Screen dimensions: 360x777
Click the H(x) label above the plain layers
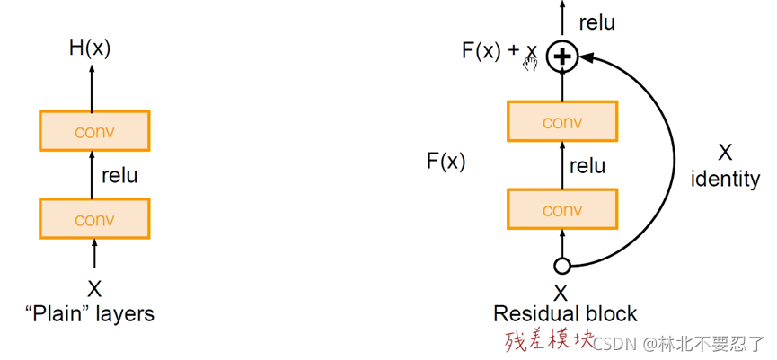[x=90, y=48]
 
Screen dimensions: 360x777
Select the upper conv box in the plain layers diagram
[x=94, y=131]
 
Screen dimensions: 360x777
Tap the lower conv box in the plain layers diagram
[x=94, y=218]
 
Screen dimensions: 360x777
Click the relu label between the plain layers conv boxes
[x=119, y=175]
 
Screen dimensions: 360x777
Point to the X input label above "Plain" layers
[x=94, y=289]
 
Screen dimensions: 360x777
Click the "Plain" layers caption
[x=90, y=313]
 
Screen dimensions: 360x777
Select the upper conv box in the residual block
[x=562, y=122]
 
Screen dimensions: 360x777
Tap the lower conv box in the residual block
[x=562, y=209]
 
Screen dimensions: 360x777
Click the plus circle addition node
[x=562, y=57]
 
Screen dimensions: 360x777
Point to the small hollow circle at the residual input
[x=562, y=266]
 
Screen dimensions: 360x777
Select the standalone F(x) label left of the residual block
[x=446, y=162]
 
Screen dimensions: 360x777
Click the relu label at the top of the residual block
[x=596, y=22]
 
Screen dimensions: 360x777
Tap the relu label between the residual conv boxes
[x=587, y=165]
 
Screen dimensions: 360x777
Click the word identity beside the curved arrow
[x=724, y=179]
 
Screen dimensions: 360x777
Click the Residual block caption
[x=565, y=314]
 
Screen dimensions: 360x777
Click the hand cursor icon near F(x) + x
[x=530, y=61]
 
